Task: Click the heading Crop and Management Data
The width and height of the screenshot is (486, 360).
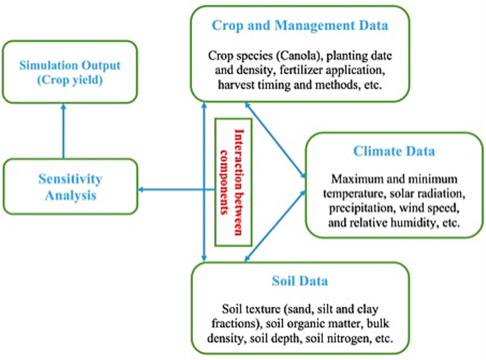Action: [300, 26]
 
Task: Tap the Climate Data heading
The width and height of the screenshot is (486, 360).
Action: [394, 151]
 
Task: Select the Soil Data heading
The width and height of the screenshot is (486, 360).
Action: [300, 281]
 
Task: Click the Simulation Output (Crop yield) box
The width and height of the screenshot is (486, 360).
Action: [70, 72]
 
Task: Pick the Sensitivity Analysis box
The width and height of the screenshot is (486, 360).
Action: [70, 187]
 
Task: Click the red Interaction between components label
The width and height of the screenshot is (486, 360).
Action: [233, 182]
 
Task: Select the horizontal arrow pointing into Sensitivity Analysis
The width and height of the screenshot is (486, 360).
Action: [175, 190]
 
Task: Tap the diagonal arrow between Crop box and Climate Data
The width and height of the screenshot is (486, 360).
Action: [275, 139]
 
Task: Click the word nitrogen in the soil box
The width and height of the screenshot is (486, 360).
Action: [352, 338]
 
